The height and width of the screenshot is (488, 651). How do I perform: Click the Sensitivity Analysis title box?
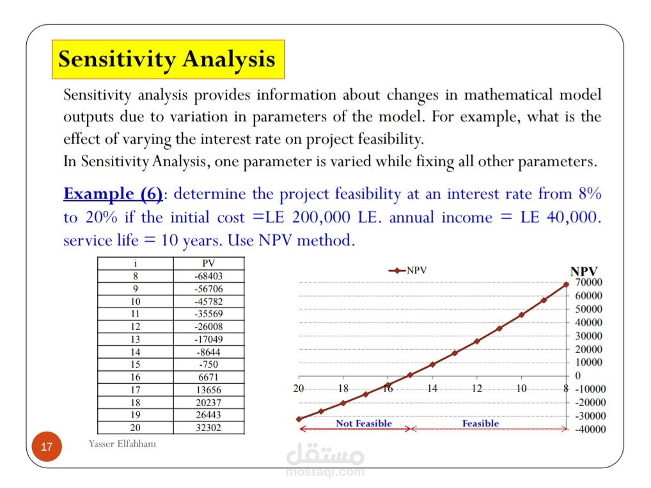coord(167,59)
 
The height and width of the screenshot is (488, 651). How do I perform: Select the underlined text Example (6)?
coord(113,194)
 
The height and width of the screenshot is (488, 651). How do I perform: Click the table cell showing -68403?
coord(208,276)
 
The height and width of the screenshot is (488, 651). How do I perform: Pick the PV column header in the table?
coord(208,264)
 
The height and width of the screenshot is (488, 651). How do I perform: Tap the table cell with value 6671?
coord(208,377)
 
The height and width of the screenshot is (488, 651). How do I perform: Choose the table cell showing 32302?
coord(208,427)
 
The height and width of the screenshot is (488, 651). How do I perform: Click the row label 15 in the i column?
coord(135,365)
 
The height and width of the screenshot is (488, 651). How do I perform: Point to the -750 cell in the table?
coord(208,365)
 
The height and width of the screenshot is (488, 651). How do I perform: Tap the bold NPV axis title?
coord(584,272)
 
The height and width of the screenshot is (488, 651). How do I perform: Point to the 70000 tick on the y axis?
coord(589,282)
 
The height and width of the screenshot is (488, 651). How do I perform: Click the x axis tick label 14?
coord(432,388)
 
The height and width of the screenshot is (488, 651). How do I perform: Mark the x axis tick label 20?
coord(299,388)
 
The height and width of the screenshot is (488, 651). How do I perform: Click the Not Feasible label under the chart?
coord(363,423)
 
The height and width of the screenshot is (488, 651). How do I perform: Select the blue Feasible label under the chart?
coord(480,423)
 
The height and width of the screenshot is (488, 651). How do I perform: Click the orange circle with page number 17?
coord(46,446)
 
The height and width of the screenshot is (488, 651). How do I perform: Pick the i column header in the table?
coord(135,264)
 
